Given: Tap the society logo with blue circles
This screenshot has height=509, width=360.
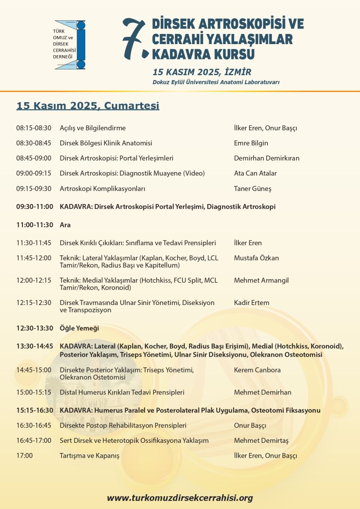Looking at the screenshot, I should coord(70,45).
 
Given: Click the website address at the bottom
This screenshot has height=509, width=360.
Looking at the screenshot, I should coord(180,498).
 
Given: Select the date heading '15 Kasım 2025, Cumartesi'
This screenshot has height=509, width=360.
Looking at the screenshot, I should coord(88,106).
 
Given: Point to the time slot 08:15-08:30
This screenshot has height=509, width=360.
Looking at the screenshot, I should coord(33,128).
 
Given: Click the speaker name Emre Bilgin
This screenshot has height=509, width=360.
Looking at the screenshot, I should coord(251,143).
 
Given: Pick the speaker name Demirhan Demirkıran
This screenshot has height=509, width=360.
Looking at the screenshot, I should coord(267,158).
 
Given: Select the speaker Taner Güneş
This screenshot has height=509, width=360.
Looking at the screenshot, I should coord(253,189).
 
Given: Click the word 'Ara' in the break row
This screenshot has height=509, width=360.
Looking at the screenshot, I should coord(65,225).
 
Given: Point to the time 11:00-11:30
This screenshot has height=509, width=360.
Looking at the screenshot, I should coord(35,225).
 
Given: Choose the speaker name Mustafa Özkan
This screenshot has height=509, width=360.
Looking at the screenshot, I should coord(257,258).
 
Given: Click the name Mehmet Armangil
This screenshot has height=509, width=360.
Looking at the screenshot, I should coord(259,280).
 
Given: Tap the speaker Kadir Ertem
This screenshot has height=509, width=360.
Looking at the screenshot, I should coord(251,303).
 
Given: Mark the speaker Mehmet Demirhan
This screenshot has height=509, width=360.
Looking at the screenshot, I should coord(262,392).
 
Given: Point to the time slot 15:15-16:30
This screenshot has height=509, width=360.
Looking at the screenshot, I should coord(35,411).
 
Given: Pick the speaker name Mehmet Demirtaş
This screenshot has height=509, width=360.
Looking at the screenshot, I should coord(261,441).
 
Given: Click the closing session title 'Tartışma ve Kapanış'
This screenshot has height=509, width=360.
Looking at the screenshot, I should coord(89,456).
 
